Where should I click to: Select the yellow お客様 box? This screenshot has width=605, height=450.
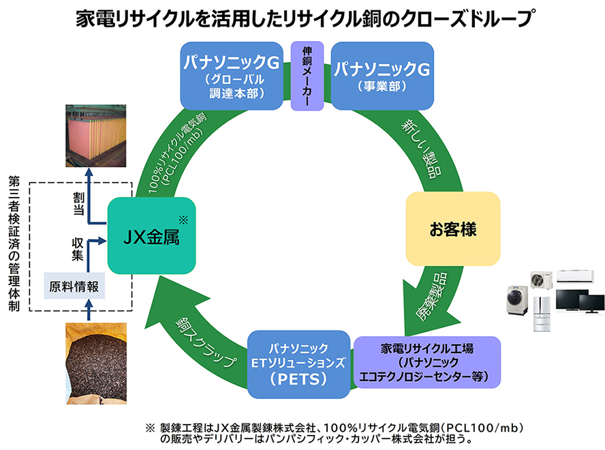452,229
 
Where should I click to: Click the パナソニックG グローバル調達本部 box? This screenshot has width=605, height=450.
231,75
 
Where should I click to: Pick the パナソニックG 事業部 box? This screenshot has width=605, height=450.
382,75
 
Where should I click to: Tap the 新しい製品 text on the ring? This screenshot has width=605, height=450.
425,149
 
